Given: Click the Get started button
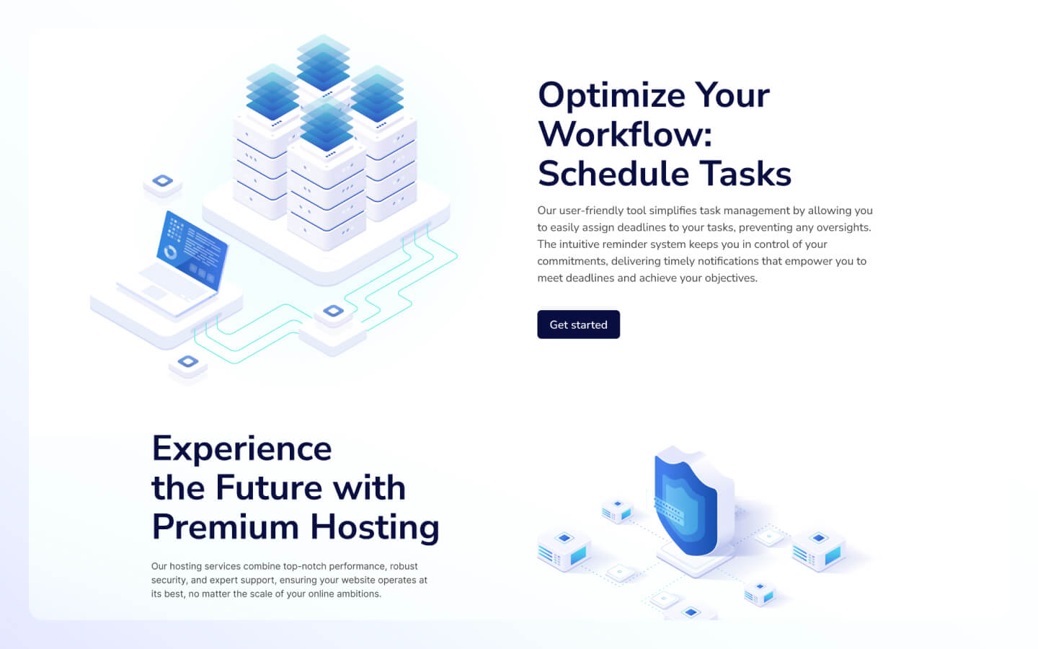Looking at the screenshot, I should (578, 324).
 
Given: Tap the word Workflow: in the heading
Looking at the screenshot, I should (624, 135).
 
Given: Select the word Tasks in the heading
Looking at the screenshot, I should (745, 174).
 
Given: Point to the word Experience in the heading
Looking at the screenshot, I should (241, 449).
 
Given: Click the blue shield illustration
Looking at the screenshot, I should (685, 505).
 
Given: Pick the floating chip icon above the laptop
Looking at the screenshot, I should (162, 181).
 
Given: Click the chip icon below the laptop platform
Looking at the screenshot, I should (187, 362).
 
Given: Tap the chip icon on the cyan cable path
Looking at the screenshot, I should (333, 312).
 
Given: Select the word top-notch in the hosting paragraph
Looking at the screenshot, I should (304, 567).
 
